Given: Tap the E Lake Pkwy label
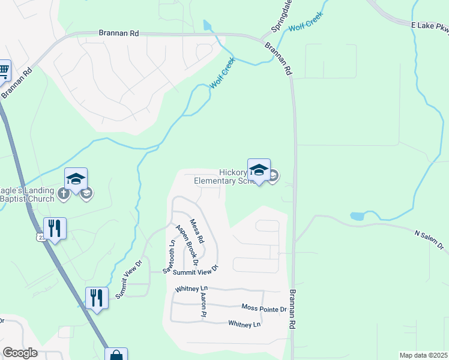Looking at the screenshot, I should coord(430,26).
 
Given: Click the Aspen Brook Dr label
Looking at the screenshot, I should coord(186,244).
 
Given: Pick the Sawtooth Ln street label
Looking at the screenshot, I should coord(172,251).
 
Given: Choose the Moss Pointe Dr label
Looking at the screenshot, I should coord(264,308).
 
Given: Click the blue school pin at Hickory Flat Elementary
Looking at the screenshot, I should coord(259,170).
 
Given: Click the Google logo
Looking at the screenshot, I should coord(20,353).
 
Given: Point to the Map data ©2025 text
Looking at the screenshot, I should coord(423,355).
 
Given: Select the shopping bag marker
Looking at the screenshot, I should coord(116,355).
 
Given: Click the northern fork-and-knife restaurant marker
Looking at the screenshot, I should coord(55,228).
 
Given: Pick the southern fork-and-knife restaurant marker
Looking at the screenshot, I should coord(96,297).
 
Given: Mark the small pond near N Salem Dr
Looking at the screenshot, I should coord(358,215).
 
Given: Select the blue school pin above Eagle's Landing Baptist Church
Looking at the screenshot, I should coord(76,179).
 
